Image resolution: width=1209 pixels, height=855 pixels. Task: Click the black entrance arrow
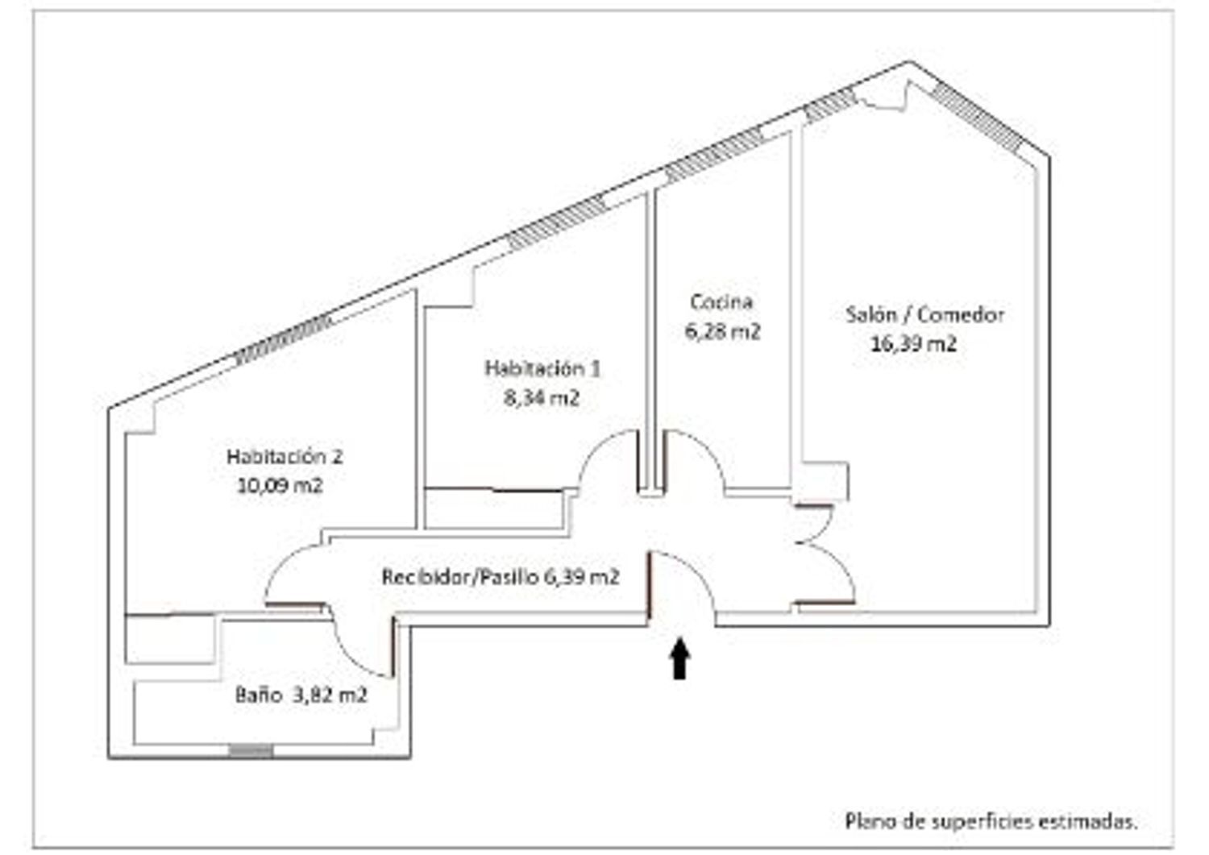click(x=680, y=658)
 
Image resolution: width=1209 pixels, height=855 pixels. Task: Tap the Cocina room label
click(x=721, y=302)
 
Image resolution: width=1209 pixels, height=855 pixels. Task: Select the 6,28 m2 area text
click(x=723, y=331)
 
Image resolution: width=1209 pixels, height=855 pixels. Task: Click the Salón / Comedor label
click(x=924, y=314)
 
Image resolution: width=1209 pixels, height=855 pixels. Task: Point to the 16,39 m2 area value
click(x=913, y=344)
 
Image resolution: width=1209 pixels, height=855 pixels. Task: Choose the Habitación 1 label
click(x=542, y=368)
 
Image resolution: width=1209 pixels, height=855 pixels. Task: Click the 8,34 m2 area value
click(x=542, y=398)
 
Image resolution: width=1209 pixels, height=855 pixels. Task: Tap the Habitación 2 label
click(x=285, y=457)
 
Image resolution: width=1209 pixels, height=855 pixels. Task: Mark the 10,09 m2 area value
click(x=280, y=486)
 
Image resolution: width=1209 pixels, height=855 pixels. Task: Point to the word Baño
click(x=259, y=695)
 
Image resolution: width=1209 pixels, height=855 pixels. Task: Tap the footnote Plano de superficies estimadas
click(x=991, y=821)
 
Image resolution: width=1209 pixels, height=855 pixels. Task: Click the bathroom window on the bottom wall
click(x=251, y=751)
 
